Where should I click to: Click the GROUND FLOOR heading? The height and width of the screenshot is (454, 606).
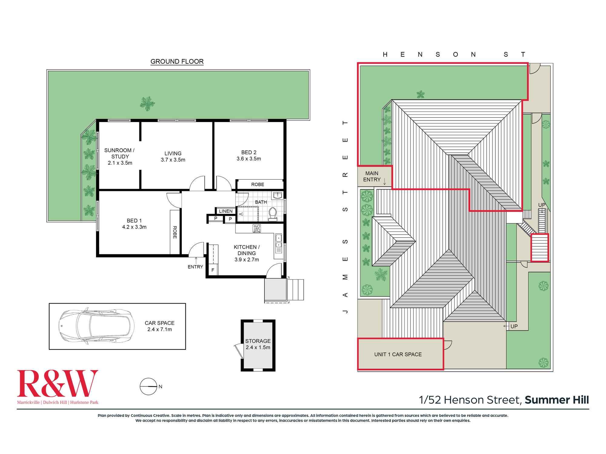click(177, 61)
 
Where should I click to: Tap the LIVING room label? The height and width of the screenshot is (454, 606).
click(173, 153)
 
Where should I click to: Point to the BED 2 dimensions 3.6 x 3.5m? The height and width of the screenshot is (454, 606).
click(249, 159)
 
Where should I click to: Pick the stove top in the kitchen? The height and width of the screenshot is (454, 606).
click(257, 229)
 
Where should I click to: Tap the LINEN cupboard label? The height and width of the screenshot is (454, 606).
click(226, 211)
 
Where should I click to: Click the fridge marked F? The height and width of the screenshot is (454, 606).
click(213, 270)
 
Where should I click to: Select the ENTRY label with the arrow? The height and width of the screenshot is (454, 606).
click(195, 267)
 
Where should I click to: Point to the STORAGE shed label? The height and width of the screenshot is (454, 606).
click(258, 341)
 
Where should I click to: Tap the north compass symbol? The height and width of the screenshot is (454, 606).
click(148, 387)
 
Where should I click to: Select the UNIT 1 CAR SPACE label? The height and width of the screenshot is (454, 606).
click(398, 354)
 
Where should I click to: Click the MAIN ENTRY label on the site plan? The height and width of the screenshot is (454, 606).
click(372, 176)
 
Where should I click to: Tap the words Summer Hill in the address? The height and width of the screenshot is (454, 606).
click(557, 400)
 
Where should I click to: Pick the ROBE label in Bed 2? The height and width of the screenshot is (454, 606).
click(258, 185)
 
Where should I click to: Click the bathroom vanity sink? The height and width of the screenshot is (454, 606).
click(277, 196)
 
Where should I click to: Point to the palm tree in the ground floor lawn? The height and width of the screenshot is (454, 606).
click(147, 104)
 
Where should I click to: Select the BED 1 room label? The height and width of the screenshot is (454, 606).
click(134, 221)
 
